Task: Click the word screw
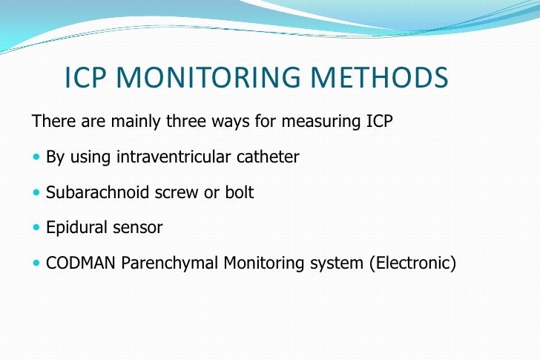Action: click(x=172, y=192)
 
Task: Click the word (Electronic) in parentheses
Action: click(x=412, y=264)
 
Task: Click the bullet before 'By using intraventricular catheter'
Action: click(x=38, y=157)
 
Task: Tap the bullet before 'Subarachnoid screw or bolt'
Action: click(x=38, y=193)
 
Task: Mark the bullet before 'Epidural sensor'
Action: click(x=38, y=229)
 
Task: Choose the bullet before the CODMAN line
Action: click(x=38, y=264)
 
